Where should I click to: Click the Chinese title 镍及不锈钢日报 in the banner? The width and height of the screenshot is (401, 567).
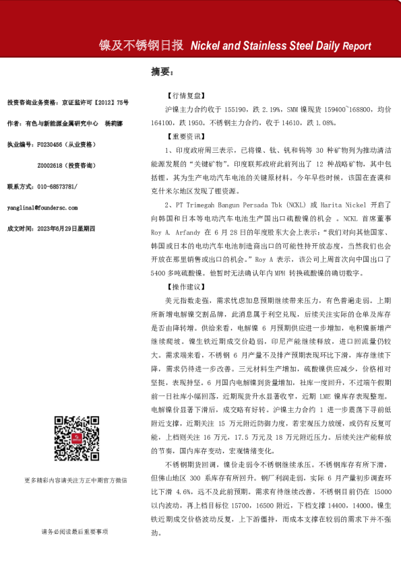(x=141, y=46)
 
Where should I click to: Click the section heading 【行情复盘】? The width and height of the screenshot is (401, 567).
(x=187, y=96)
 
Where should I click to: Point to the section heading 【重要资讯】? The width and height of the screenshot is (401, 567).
(x=187, y=135)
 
